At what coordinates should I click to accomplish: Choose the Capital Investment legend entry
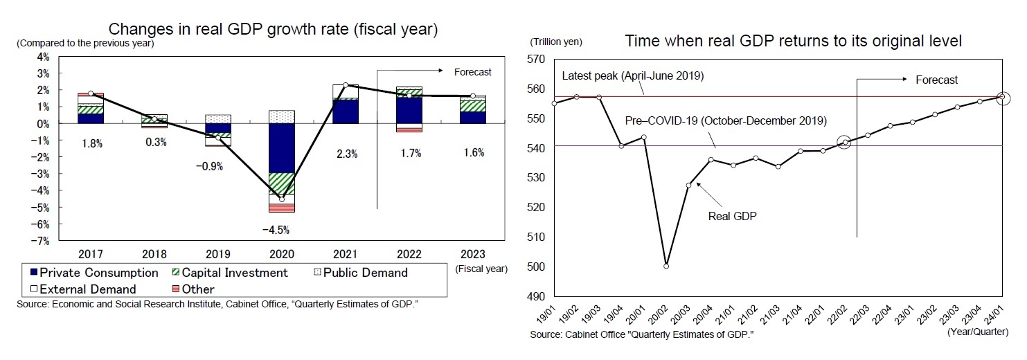click(x=228, y=273)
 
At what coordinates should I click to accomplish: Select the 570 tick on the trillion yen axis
click(x=537, y=60)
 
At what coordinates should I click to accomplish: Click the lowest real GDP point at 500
click(x=666, y=266)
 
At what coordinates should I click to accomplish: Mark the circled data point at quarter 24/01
click(x=1001, y=97)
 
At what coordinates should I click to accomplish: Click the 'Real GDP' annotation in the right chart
click(x=732, y=215)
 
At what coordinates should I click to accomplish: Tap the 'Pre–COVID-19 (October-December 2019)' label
click(x=725, y=120)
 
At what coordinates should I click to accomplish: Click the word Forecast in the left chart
click(x=472, y=71)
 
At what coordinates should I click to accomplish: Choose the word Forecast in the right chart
click(x=936, y=80)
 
